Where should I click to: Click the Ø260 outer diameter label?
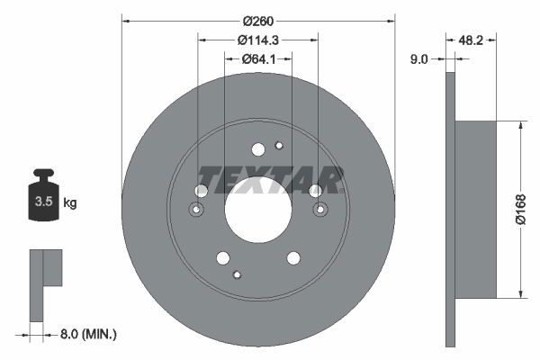257,19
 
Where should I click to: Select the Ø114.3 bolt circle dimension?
257,40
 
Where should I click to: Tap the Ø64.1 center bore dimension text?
257,58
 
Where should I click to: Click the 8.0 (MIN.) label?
87,334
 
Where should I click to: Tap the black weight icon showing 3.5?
43,196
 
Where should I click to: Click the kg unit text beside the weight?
70,203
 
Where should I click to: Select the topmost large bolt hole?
258,149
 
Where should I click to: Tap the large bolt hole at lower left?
222,258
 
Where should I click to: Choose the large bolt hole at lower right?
293,258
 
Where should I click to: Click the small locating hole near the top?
279,146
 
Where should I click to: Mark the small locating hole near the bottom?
237,274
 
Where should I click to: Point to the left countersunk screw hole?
196,210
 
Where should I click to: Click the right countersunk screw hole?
320,210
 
